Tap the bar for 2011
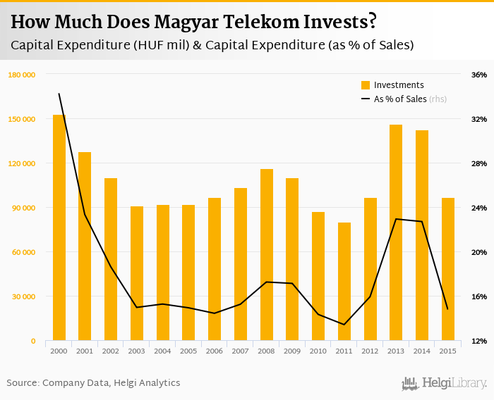tap(344, 282)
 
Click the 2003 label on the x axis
tap(137, 351)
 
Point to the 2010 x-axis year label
tap(318, 351)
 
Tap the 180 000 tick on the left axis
tap(23, 75)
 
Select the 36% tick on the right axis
tap(479, 75)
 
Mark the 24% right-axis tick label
tap(479, 208)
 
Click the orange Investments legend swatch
tap(366, 85)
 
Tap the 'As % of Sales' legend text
tap(400, 99)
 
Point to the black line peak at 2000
tap(59, 94)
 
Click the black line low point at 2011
tap(344, 325)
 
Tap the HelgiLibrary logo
tap(445, 383)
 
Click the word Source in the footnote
tap(23, 383)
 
